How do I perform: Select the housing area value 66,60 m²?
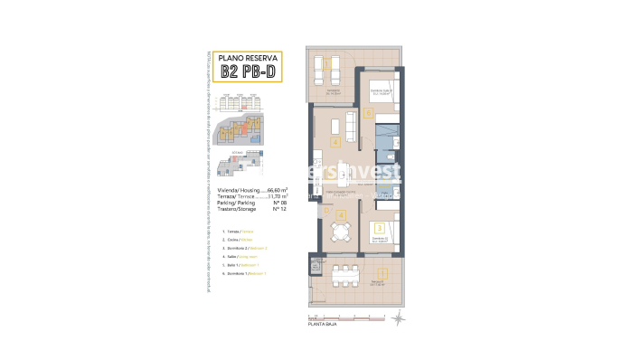tap(275, 190)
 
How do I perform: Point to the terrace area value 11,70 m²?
tap(275, 196)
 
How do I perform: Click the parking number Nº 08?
tap(278, 203)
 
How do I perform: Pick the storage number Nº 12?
tap(278, 209)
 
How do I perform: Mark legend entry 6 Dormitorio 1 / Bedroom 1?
tap(240, 272)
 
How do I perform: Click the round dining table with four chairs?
tap(339, 232)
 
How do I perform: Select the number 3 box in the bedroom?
tap(381, 228)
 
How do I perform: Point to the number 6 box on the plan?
tap(369, 113)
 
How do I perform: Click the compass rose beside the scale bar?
tap(398, 317)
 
